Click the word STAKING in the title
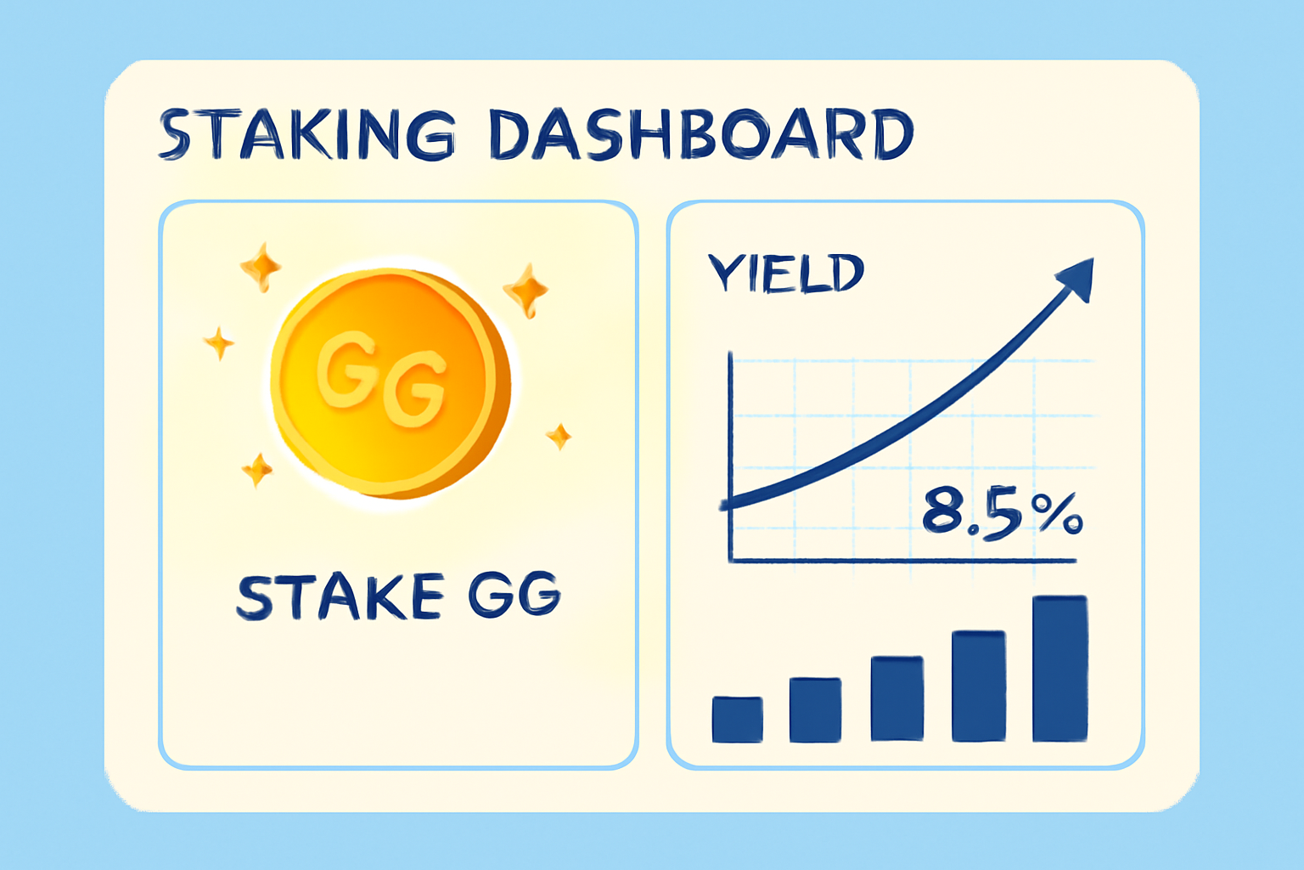(307, 134)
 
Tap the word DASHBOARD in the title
(701, 134)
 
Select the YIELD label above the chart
(786, 274)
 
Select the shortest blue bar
(737, 719)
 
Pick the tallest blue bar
(1059, 669)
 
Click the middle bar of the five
(897, 698)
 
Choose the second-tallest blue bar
(978, 686)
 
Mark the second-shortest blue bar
(815, 709)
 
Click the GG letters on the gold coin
(382, 377)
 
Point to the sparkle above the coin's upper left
(261, 266)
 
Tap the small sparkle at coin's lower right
(558, 437)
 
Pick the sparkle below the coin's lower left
(257, 469)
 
